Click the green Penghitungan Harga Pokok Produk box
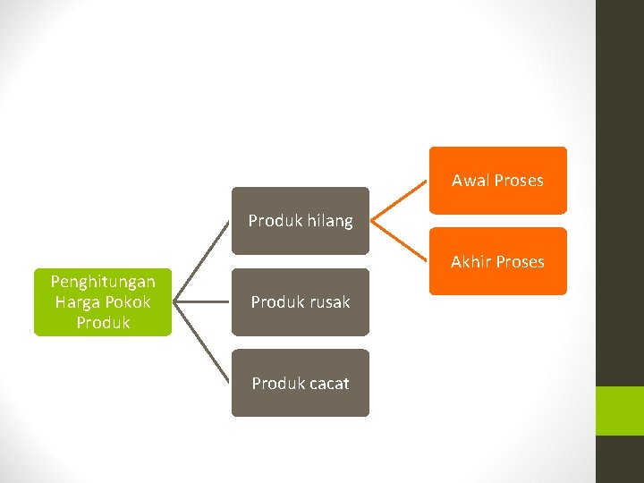point(103,302)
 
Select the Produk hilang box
point(301,220)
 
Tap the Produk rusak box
point(301,302)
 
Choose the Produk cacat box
point(301,383)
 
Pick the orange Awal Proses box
point(497,181)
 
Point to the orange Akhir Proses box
point(497,261)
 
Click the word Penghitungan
point(103,282)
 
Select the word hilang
point(330,221)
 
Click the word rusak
point(327,302)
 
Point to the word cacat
point(326,384)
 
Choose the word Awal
point(470,181)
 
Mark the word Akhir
point(470,262)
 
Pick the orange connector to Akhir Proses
point(400,241)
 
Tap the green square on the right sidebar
point(620,411)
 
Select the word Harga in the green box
point(79,302)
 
